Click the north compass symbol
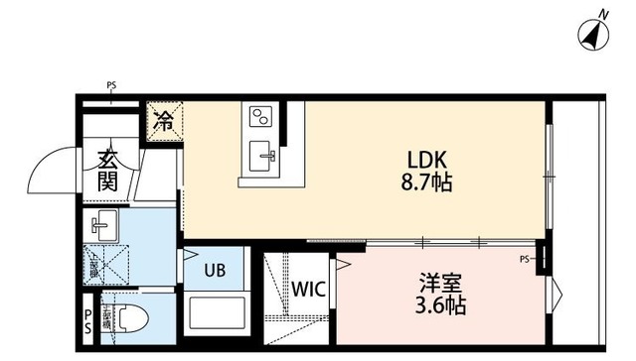(x=594, y=32)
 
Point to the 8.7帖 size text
(x=427, y=183)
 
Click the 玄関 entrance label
(x=107, y=169)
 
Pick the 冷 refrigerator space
(x=164, y=122)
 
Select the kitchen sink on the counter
(x=264, y=154)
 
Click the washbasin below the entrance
(x=102, y=224)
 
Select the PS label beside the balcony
(x=524, y=260)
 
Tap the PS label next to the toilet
(x=87, y=320)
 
